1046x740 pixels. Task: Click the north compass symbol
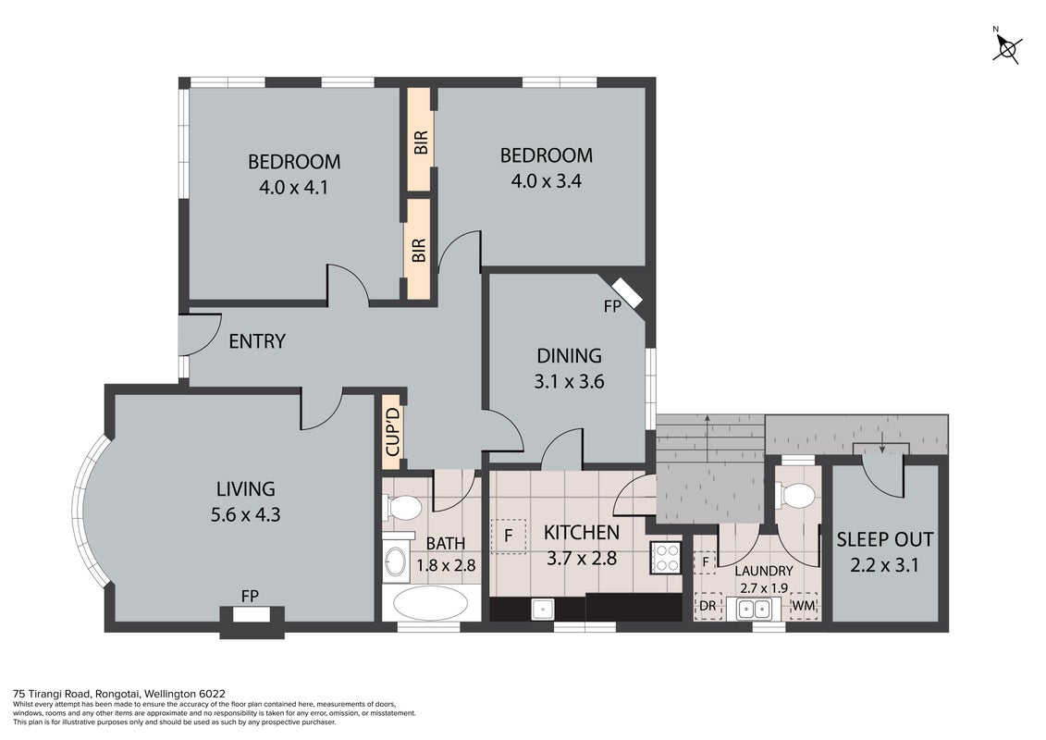tap(1007, 46)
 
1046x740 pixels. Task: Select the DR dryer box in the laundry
tap(708, 606)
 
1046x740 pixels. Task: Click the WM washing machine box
tap(803, 606)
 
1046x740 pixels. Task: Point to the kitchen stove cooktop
tap(665, 557)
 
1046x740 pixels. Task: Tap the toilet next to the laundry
tap(795, 495)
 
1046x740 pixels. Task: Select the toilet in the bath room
tap(402, 508)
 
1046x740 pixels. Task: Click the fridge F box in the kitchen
tap(509, 536)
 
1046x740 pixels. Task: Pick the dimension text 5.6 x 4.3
tap(245, 514)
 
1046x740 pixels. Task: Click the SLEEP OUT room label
tap(884, 539)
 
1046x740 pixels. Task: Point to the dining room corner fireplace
tap(628, 291)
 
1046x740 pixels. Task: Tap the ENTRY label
tap(257, 341)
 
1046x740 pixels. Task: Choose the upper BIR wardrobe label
tap(420, 142)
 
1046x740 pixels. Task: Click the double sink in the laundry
tap(758, 609)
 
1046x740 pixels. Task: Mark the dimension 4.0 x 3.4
tap(547, 180)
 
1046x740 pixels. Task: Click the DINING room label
tap(569, 355)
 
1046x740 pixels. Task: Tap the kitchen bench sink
tap(542, 609)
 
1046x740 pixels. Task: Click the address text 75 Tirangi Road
tap(53, 694)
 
